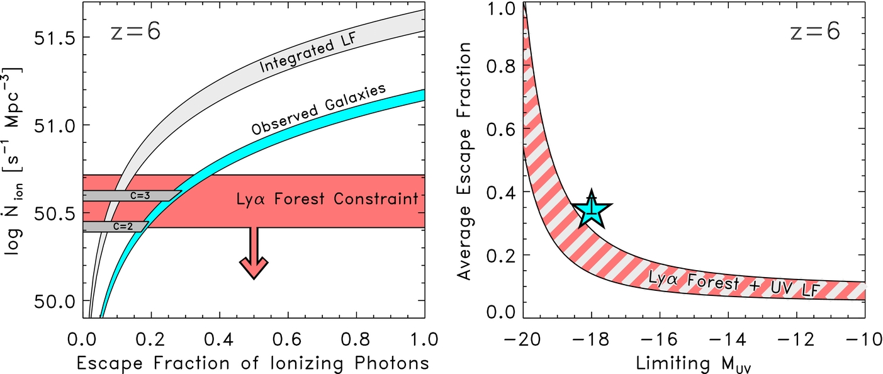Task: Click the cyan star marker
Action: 591,210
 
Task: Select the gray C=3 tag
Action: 131,195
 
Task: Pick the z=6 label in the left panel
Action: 133,31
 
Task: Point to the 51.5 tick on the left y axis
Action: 54,37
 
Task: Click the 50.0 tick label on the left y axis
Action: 54,300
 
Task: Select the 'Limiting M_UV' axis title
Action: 693,364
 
